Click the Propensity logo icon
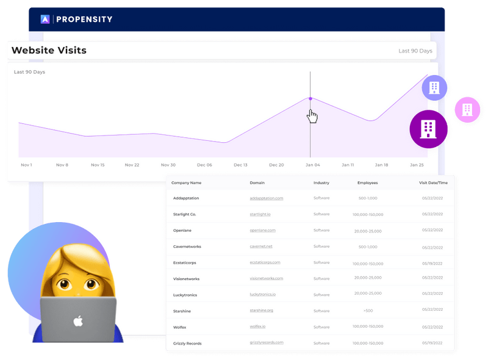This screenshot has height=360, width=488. (45, 19)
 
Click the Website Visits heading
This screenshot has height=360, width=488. (49, 51)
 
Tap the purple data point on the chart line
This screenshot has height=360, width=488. (310, 98)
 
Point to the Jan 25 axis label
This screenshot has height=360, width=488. (417, 165)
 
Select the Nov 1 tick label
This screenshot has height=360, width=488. (26, 165)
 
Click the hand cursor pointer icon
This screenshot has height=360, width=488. (312, 116)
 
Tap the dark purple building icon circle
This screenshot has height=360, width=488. (429, 129)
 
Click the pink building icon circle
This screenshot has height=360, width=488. (467, 109)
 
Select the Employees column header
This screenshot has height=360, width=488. (367, 183)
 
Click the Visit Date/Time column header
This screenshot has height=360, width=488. (434, 183)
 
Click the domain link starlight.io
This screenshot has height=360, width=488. (260, 214)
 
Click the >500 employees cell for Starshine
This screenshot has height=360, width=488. (368, 311)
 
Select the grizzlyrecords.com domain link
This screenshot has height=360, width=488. (267, 343)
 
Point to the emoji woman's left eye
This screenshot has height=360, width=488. (62, 284)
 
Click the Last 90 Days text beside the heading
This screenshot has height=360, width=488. (415, 51)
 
